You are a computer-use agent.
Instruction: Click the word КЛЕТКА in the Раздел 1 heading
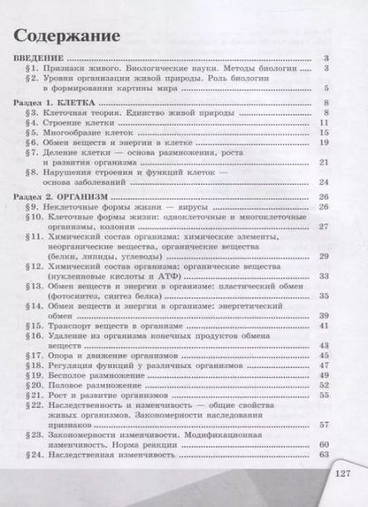tap(80, 103)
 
